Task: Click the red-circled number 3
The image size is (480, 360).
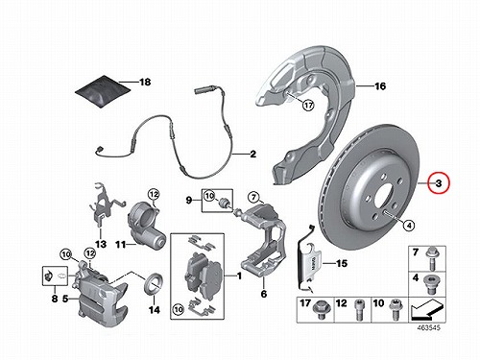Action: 439,183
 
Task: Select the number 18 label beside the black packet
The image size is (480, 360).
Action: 145,83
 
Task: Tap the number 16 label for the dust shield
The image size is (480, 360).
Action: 380,86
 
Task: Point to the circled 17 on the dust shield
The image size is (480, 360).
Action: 308,105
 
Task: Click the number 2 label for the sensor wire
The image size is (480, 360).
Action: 253,155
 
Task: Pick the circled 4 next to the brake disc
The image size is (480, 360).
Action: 409,226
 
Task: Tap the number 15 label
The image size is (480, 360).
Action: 342,263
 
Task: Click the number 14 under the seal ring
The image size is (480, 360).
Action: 154,310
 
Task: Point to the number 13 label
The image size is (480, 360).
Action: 101,244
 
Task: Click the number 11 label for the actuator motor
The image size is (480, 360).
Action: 120,245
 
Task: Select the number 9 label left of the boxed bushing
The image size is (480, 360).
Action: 189,201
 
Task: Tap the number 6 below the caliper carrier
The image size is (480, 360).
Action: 264,294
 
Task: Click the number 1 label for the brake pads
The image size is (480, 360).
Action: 239,276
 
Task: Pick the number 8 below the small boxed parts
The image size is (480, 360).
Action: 55,299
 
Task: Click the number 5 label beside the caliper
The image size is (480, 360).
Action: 65,299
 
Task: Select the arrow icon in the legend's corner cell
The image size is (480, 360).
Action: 427,309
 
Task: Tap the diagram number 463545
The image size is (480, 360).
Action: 428,327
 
